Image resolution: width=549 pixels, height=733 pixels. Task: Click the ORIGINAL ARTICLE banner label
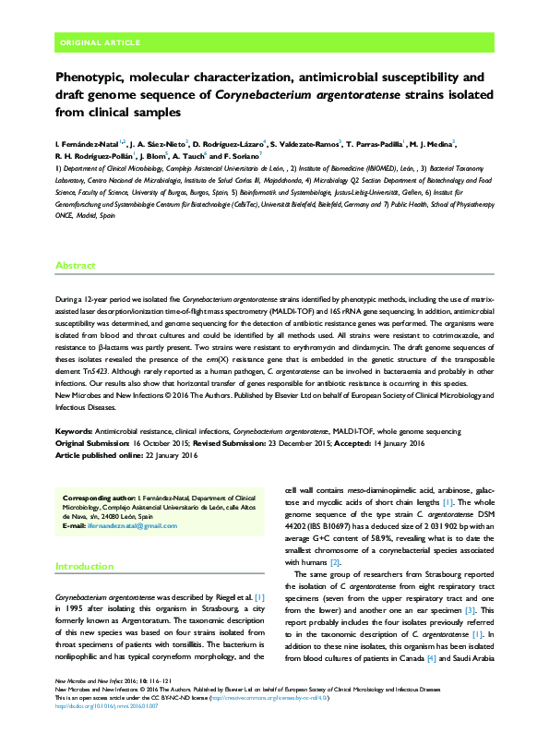tap(100, 42)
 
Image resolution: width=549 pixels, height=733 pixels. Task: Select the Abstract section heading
tap(76, 265)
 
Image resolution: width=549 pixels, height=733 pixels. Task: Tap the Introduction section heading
tap(84, 566)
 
